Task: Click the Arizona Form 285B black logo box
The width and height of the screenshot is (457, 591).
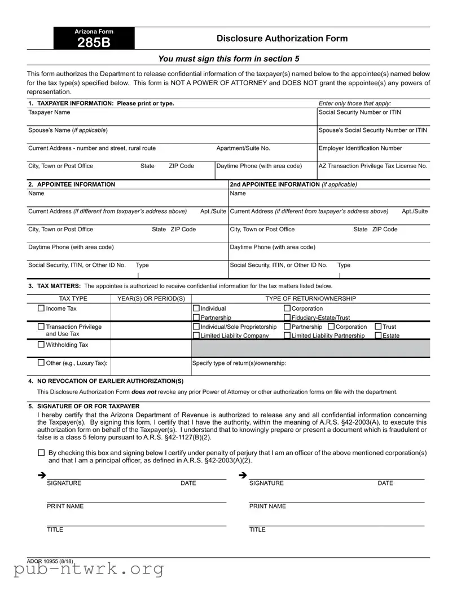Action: click(x=94, y=38)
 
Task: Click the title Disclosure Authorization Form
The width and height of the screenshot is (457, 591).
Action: click(x=282, y=38)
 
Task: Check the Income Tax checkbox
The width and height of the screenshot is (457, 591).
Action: click(x=41, y=308)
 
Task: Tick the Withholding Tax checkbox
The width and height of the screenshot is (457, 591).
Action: click(x=41, y=345)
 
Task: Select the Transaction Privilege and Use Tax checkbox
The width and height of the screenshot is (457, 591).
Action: click(x=41, y=327)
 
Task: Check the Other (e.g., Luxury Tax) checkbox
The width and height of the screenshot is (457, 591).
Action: click(x=41, y=363)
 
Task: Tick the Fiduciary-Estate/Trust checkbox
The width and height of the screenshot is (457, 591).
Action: click(x=287, y=318)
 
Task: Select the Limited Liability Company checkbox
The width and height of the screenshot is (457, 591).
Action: click(x=196, y=336)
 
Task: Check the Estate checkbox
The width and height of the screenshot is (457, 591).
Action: click(x=378, y=336)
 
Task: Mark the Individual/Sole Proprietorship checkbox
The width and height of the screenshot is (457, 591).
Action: click(x=196, y=327)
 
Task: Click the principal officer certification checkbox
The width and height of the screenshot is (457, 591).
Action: click(x=41, y=453)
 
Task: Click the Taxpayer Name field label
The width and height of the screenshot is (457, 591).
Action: click(x=49, y=112)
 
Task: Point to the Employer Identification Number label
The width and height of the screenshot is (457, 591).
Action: click(x=360, y=148)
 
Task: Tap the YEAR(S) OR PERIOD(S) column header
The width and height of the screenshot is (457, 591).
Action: click(x=151, y=298)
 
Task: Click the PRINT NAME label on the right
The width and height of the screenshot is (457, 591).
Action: click(x=267, y=506)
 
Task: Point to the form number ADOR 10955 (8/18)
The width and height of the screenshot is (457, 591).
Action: click(x=50, y=561)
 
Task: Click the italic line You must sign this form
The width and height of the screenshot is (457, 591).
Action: click(x=228, y=59)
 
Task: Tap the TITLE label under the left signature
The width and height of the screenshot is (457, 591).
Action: click(x=55, y=530)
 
